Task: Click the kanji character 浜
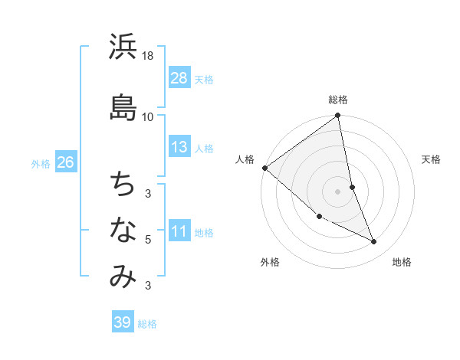tap(123, 47)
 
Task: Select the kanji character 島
tap(123, 107)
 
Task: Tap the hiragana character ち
tap(123, 184)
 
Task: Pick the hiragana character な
tap(123, 230)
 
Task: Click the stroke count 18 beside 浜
tap(148, 56)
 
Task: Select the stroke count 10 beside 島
tap(148, 116)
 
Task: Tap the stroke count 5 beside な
tap(148, 240)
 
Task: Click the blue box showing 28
tap(179, 78)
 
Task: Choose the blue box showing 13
tap(179, 147)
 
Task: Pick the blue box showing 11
tap(179, 232)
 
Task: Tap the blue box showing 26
tap(65, 163)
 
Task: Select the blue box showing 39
tap(123, 322)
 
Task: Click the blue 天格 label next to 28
tap(204, 79)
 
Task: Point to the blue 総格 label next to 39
tap(147, 324)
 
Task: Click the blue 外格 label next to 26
tap(41, 164)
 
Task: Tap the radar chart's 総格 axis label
tap(338, 100)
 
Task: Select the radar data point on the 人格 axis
tap(264, 168)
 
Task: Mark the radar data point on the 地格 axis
tap(374, 242)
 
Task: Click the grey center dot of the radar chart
tap(338, 191)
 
